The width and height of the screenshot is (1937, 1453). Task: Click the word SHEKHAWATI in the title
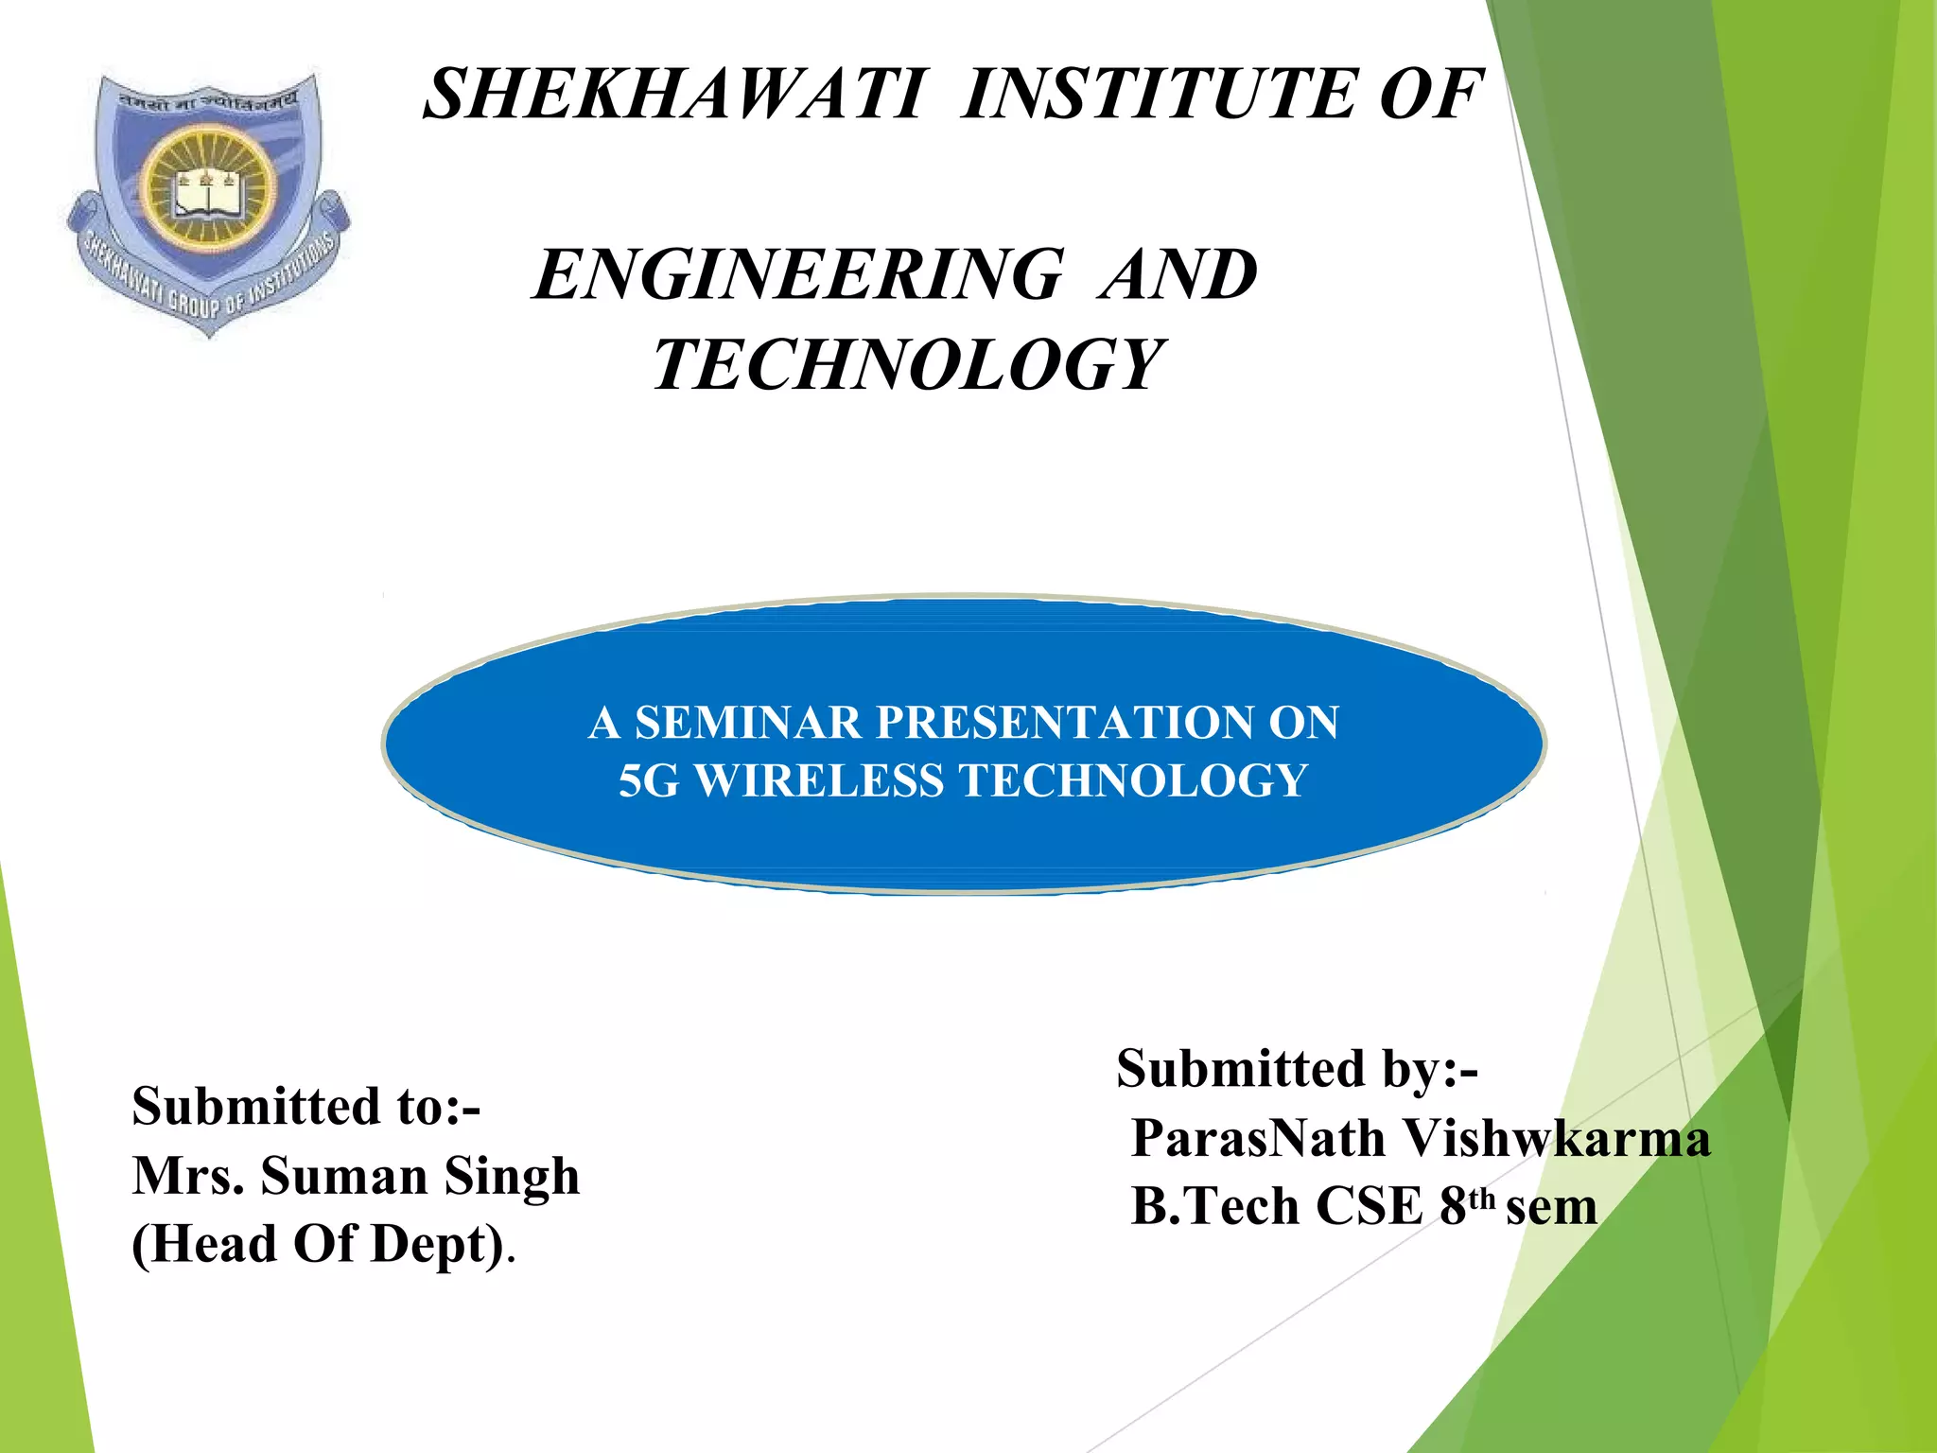tap(672, 95)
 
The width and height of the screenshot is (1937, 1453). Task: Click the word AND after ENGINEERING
tap(1178, 275)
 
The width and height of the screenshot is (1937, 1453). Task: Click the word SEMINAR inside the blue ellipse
tap(747, 724)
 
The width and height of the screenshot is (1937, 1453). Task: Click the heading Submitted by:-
tap(1297, 1069)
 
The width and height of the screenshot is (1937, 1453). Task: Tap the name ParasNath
tap(1258, 1138)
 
